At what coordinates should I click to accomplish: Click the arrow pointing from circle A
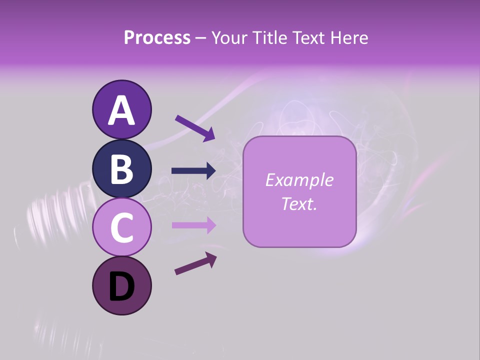(194, 128)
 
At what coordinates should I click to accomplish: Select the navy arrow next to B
(193, 171)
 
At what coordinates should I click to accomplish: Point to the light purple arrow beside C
(193, 225)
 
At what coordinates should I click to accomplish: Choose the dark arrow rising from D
(195, 263)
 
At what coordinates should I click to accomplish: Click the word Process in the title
(157, 37)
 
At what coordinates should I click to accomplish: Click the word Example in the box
(299, 180)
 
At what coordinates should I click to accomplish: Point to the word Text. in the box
(299, 204)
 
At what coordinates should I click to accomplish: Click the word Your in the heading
(228, 37)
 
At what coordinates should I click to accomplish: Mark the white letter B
(121, 169)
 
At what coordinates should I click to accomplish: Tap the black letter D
(121, 287)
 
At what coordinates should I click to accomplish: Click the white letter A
(121, 110)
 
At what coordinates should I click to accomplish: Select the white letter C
(121, 228)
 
